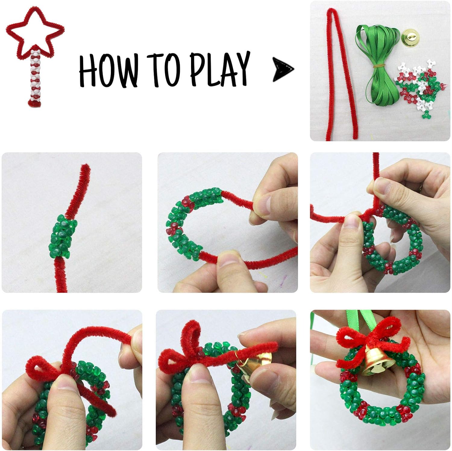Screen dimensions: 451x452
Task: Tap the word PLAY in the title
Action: [x=220, y=69]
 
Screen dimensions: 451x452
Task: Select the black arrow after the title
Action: [x=283, y=70]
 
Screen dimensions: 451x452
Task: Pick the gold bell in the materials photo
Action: [x=411, y=38]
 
